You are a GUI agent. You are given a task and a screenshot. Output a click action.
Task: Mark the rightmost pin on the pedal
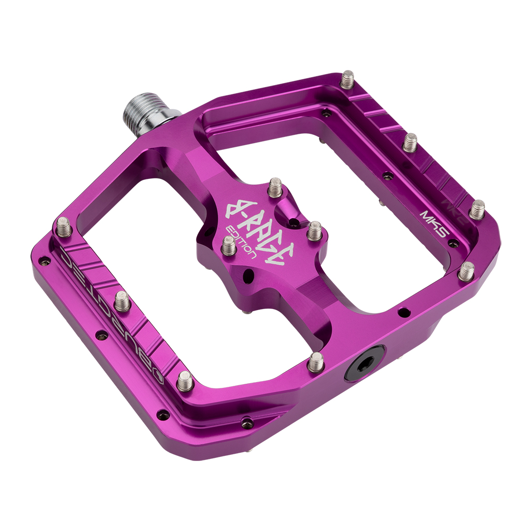[x=477, y=209]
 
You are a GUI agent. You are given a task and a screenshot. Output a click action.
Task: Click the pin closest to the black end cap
[x=315, y=361]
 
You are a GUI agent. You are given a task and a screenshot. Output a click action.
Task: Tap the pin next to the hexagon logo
[x=185, y=381]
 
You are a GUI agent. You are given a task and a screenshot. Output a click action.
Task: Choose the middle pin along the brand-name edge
[x=122, y=301]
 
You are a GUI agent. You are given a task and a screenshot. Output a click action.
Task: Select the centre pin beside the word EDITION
[x=229, y=245]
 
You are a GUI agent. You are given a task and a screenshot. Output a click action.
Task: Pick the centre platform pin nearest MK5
[x=314, y=231]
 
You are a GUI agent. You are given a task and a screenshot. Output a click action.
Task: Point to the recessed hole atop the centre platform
[x=294, y=223]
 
